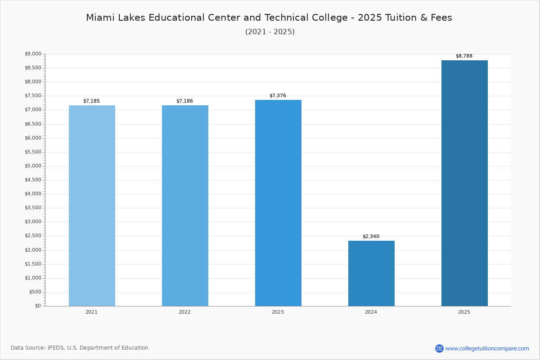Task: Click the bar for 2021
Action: (92, 206)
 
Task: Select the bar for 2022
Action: (185, 206)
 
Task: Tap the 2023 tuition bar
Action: (278, 203)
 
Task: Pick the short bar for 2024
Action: (371, 274)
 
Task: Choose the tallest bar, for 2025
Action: (464, 183)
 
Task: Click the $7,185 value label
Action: (91, 101)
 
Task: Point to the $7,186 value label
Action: (184, 101)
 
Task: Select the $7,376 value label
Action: (278, 96)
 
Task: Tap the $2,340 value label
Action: (371, 237)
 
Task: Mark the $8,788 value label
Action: (464, 56)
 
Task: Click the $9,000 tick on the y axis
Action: (33, 54)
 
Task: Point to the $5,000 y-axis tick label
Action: (33, 166)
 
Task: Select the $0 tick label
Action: (38, 306)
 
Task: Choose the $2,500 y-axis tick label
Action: (33, 236)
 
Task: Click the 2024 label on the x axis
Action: (371, 312)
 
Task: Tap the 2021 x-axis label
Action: (91, 312)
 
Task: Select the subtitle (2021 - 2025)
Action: (270, 32)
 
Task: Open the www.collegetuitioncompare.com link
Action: (487, 348)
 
